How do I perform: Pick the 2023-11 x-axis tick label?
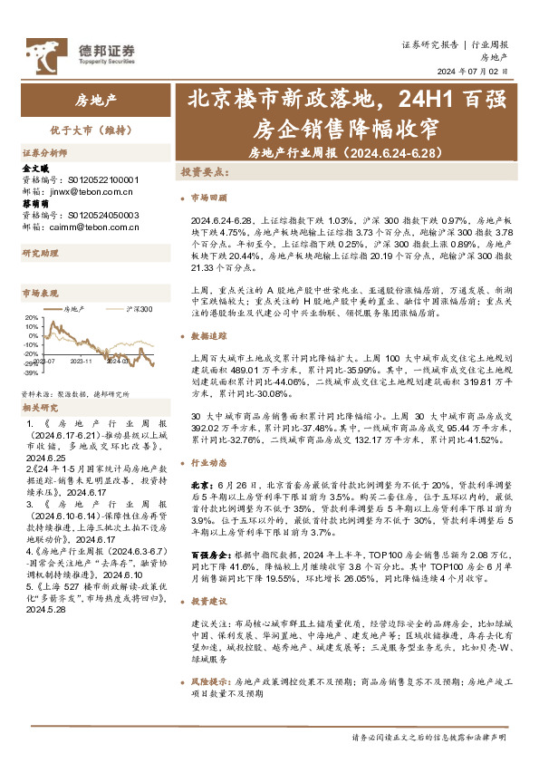pos(84,360)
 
